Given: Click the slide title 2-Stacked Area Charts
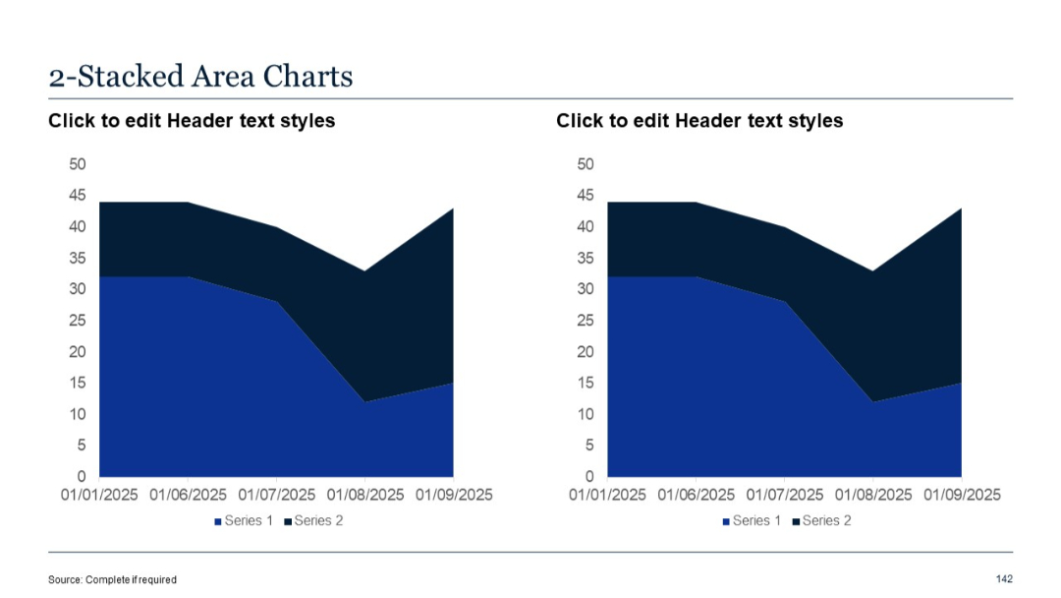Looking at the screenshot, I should pyautogui.click(x=200, y=76).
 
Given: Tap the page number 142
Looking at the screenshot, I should pyautogui.click(x=1003, y=578).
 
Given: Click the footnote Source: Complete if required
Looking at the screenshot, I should pyautogui.click(x=112, y=579).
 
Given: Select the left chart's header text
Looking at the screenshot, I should pyautogui.click(x=192, y=121).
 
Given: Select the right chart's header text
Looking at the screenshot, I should pyautogui.click(x=699, y=121).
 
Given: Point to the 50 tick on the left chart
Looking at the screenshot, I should pyautogui.click(x=76, y=164).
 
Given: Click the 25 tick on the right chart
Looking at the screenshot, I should pyautogui.click(x=585, y=321).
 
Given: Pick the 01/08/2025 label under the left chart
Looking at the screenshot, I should pyautogui.click(x=365, y=495).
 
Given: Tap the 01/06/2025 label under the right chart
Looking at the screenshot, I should pyautogui.click(x=696, y=495).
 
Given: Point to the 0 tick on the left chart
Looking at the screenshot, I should pyautogui.click(x=81, y=477).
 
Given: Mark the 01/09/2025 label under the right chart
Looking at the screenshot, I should pyautogui.click(x=962, y=495).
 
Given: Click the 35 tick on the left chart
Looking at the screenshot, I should pyautogui.click(x=76, y=259).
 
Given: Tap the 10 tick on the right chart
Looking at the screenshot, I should pyautogui.click(x=585, y=414).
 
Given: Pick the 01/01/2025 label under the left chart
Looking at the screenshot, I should pyautogui.click(x=99, y=495).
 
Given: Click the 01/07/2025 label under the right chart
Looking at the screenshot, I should pyautogui.click(x=785, y=495).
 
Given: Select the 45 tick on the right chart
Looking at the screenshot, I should pyautogui.click(x=585, y=196).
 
